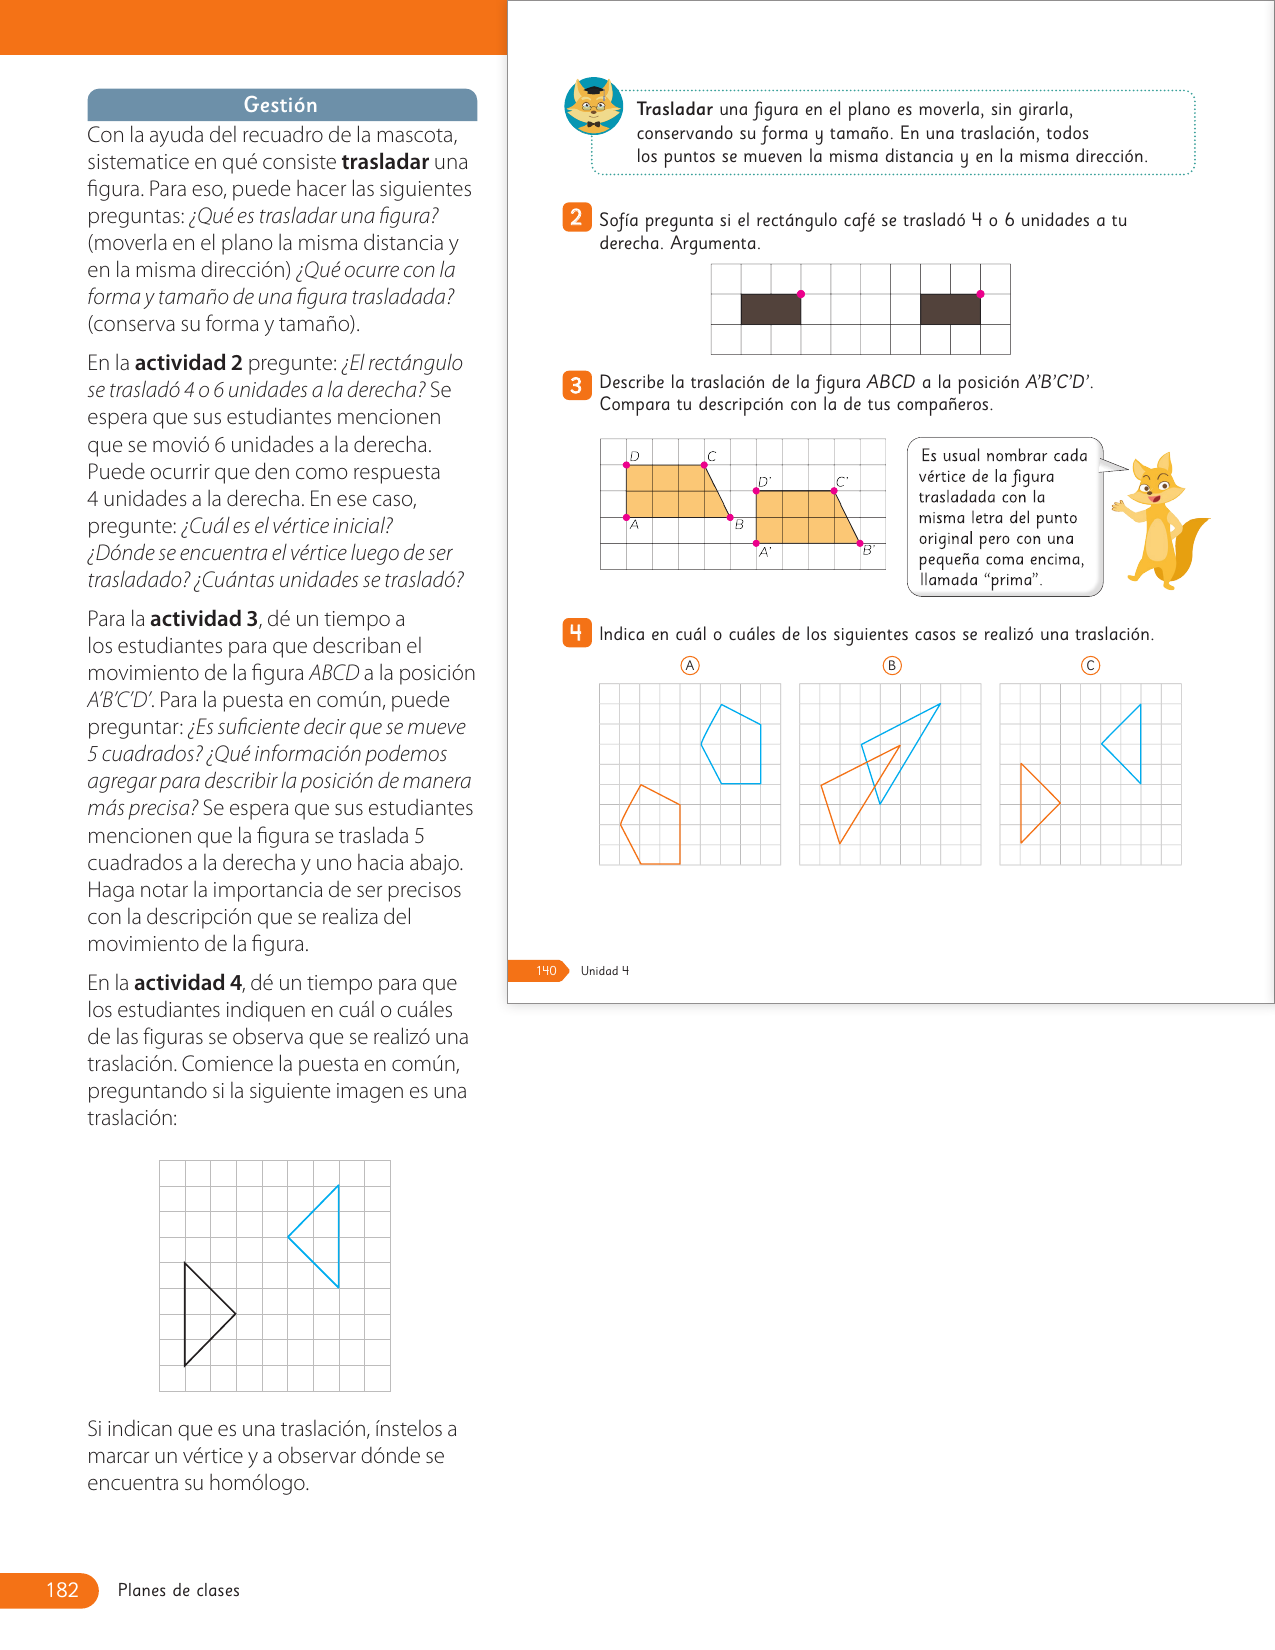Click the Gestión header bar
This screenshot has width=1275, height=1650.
(x=282, y=105)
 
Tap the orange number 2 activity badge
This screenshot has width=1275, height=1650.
(x=576, y=218)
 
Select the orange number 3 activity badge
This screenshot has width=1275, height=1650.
(x=576, y=385)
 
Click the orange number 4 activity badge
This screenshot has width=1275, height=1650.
(x=576, y=633)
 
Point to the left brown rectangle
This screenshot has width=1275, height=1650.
(x=771, y=309)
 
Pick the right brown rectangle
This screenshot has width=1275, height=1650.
(x=950, y=309)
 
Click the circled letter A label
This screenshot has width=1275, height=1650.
(x=690, y=666)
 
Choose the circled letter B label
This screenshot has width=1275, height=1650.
(x=892, y=666)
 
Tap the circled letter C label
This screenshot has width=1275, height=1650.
(x=1090, y=666)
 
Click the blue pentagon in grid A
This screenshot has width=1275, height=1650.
(x=760, y=752)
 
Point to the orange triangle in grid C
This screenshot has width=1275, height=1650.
(x=1021, y=803)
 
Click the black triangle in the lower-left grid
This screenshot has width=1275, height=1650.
(x=185, y=1314)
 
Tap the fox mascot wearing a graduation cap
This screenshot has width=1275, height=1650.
(x=594, y=106)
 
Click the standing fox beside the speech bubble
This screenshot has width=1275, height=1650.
(x=1160, y=520)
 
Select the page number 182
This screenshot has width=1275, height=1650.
(x=62, y=1589)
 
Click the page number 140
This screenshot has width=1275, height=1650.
(x=546, y=970)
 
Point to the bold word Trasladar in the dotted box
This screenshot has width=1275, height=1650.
(x=674, y=109)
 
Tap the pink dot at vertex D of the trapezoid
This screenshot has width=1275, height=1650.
(x=626, y=465)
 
